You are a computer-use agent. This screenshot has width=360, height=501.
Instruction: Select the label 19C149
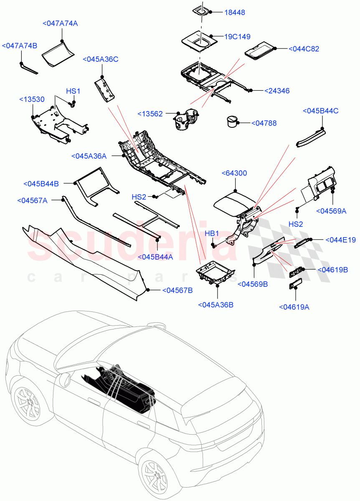pos(237,37)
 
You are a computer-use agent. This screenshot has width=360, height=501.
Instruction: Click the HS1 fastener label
pos(73,91)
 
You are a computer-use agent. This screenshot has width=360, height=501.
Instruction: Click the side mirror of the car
pos(65,380)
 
